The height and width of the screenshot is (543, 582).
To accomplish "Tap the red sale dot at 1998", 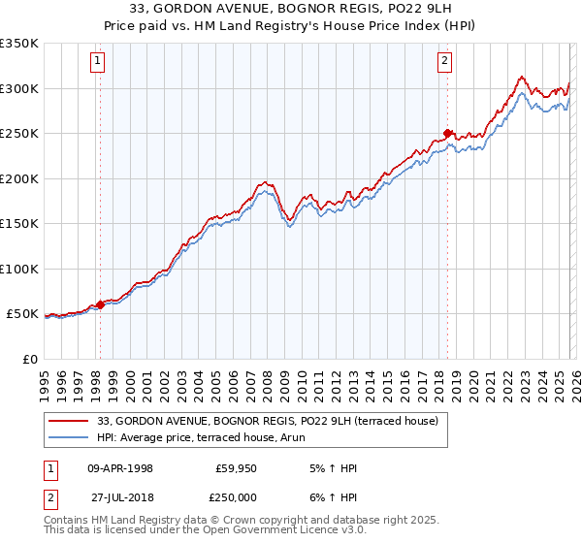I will (x=100, y=305).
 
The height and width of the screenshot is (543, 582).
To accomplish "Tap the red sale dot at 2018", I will (x=447, y=134).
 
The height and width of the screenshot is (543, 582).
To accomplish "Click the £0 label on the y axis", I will (x=29, y=359).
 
